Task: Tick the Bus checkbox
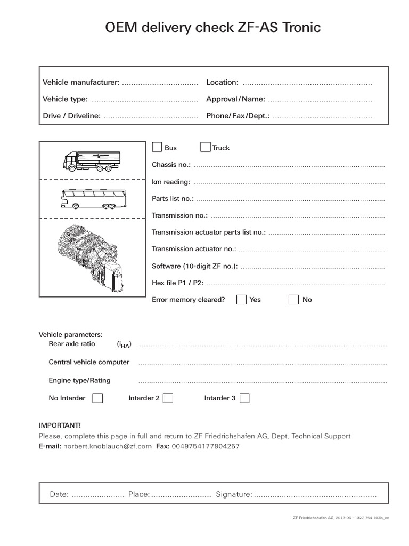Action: pyautogui.click(x=157, y=147)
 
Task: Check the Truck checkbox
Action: pyautogui.click(x=205, y=147)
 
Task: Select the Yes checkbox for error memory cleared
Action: pyautogui.click(x=241, y=299)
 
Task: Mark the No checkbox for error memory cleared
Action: pyautogui.click(x=293, y=299)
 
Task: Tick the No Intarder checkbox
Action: pyautogui.click(x=97, y=398)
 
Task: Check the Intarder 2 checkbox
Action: pyautogui.click(x=168, y=398)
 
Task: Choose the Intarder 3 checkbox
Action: pyautogui.click(x=244, y=398)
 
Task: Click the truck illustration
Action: pyautogui.click(x=92, y=160)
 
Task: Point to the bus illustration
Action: pyautogui.click(x=92, y=199)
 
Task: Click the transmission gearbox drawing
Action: pyautogui.click(x=92, y=256)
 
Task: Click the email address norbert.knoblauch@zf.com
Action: pyautogui.click(x=108, y=446)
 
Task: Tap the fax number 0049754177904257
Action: pyautogui.click(x=205, y=446)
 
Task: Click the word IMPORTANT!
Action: pyautogui.click(x=60, y=425)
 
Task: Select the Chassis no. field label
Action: pyautogui.click(x=171, y=165)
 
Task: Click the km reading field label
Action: pyautogui.click(x=171, y=182)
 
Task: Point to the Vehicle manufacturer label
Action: pyautogui.click(x=81, y=82)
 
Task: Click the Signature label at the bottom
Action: pyautogui.click(x=234, y=494)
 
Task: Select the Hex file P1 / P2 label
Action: pyautogui.click(x=177, y=283)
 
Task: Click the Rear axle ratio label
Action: pyautogui.click(x=72, y=344)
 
